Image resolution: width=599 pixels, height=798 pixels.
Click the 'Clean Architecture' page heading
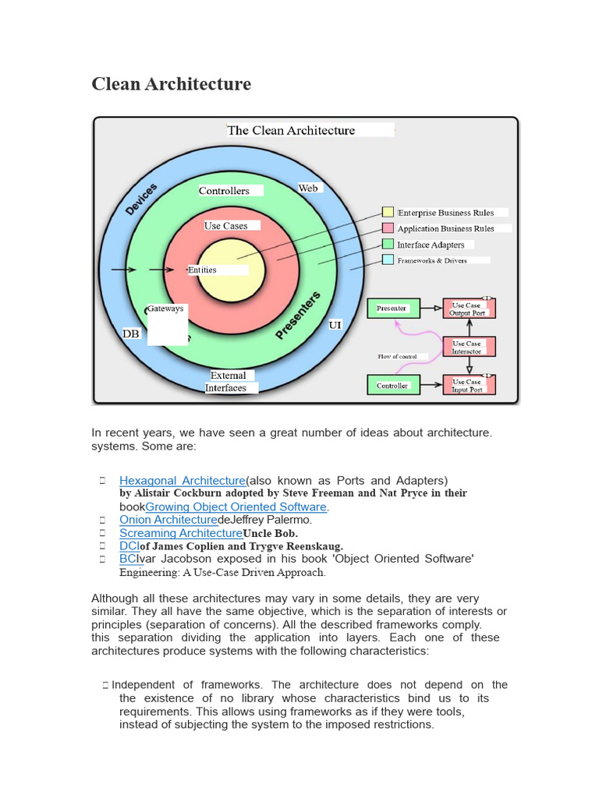[172, 84]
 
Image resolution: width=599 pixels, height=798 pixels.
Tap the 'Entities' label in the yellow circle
[203, 270]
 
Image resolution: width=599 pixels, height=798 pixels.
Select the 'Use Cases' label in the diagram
[226, 226]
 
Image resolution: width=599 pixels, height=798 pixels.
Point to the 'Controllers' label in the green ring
[224, 191]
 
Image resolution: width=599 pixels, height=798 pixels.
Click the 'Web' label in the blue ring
[308, 189]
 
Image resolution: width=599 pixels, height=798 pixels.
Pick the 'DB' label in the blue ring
[131, 334]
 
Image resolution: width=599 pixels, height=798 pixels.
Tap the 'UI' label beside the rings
[335, 324]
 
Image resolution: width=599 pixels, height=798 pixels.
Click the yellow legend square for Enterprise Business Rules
[388, 212]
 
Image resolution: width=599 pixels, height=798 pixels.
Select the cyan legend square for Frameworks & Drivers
[388, 260]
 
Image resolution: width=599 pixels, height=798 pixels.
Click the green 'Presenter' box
[392, 309]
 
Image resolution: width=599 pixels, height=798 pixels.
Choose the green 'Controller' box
[392, 385]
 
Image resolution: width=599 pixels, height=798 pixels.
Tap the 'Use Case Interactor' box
[467, 347]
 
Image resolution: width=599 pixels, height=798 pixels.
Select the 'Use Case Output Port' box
[467, 309]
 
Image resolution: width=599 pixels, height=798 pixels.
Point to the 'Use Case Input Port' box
[467, 385]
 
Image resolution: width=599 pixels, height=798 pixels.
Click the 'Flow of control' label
[397, 357]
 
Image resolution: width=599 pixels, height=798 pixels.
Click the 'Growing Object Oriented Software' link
[236, 507]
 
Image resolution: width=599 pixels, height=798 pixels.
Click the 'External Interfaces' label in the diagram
[227, 382]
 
